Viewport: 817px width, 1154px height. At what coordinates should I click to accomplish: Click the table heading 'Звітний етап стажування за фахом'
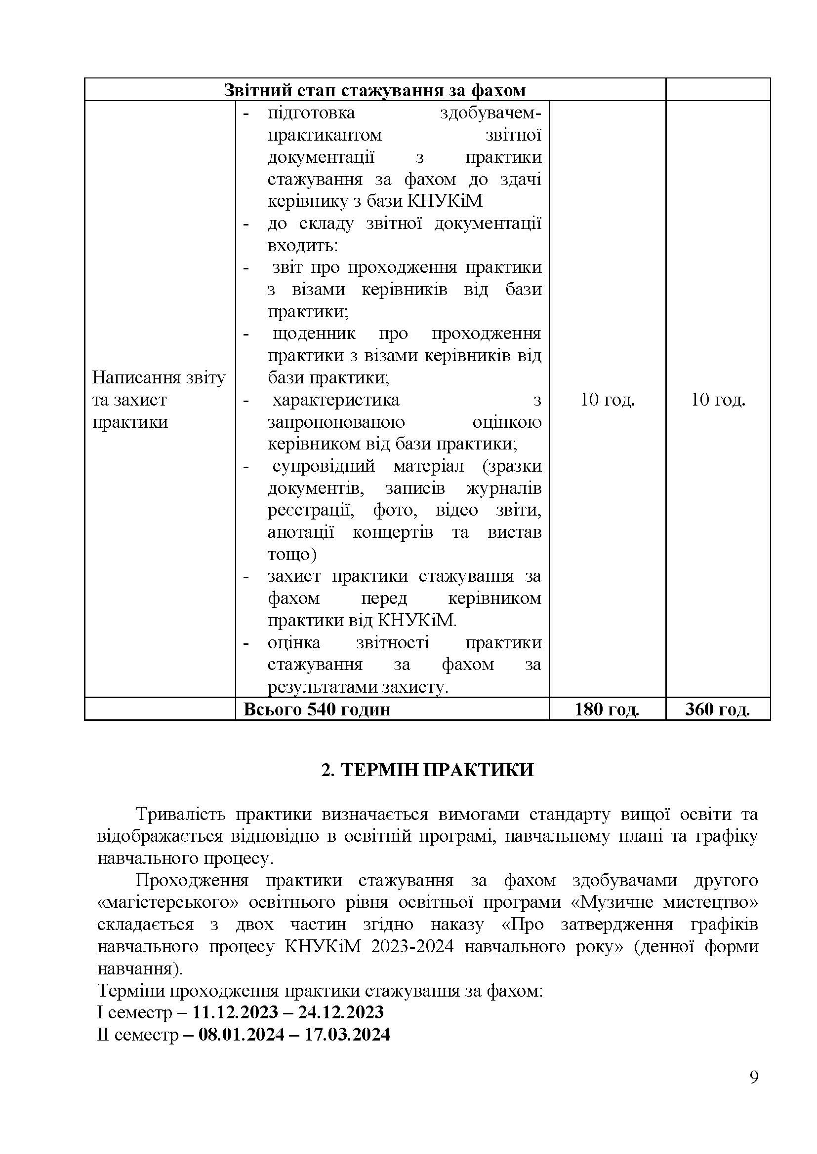point(375,90)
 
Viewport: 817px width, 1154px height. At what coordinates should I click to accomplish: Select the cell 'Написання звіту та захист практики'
point(159,400)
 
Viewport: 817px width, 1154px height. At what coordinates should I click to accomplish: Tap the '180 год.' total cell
point(607,709)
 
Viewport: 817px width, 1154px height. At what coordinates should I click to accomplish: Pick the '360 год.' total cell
point(717,709)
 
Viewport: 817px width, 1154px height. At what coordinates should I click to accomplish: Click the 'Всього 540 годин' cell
point(317,709)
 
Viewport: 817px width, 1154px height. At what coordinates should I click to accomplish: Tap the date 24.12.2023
point(341,1012)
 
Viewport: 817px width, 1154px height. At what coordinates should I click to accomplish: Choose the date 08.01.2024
point(241,1034)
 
